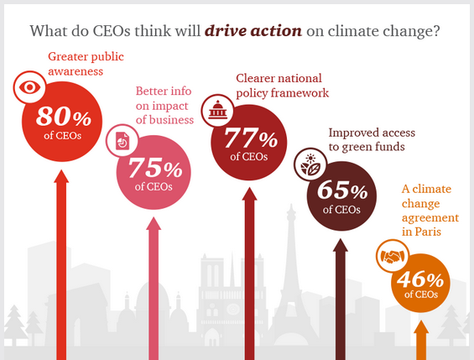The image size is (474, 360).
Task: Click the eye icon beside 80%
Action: click(x=29, y=87)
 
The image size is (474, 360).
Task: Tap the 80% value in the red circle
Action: click(x=64, y=117)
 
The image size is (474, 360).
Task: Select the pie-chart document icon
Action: click(x=122, y=140)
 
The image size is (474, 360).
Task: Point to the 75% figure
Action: click(x=155, y=168)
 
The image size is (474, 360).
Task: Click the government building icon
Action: click(x=217, y=110)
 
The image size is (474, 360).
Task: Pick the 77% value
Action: click(x=251, y=138)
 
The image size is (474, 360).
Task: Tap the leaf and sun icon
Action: click(x=310, y=164)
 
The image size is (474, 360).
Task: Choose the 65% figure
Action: click(x=342, y=190)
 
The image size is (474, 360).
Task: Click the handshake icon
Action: click(x=393, y=256)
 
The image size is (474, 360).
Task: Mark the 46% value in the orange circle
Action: click(x=420, y=279)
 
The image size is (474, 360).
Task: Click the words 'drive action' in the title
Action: click(x=253, y=30)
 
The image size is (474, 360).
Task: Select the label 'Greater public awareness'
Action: click(x=86, y=64)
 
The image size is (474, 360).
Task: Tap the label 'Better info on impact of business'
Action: click(x=164, y=105)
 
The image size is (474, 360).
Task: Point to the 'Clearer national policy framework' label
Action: click(x=282, y=86)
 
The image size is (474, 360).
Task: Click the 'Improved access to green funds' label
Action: click(x=372, y=139)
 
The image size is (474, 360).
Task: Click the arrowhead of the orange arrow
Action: click(x=421, y=327)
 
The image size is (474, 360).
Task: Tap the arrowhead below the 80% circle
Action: click(x=61, y=176)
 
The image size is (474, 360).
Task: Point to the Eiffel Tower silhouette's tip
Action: click(x=291, y=205)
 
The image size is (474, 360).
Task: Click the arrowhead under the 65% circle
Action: click(x=341, y=245)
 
